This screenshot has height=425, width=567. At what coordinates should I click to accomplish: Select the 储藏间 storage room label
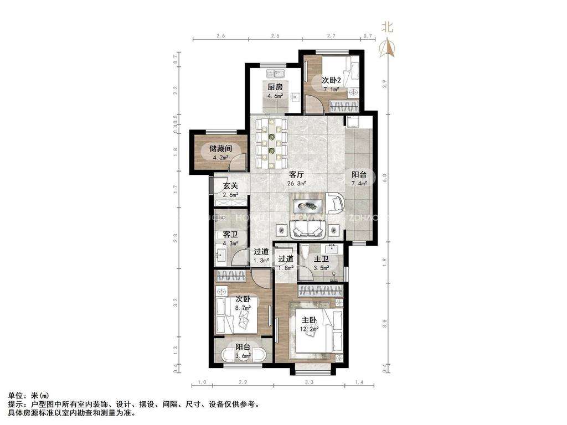[220, 148]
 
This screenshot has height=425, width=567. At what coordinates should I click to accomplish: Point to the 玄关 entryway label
[230, 186]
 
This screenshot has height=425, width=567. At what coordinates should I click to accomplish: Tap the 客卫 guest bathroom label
[230, 235]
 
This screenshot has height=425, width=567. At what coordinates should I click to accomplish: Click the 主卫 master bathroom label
[322, 259]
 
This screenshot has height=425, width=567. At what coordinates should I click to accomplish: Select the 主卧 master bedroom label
[309, 320]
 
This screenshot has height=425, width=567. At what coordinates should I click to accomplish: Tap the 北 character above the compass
[386, 26]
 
